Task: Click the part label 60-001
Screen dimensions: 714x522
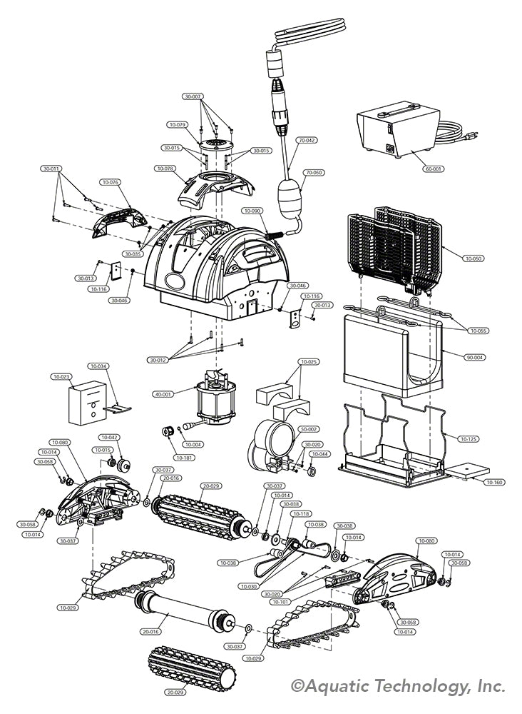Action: point(434,169)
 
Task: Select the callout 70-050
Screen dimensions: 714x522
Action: point(314,173)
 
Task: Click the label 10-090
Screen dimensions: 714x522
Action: point(252,211)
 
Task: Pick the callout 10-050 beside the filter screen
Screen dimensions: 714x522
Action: point(473,258)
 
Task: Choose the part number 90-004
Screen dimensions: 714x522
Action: point(473,357)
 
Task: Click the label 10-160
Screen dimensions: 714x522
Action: point(495,483)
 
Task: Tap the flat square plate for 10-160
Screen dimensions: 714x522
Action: point(467,469)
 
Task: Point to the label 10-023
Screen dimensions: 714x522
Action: point(61,376)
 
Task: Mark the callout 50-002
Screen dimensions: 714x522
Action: point(309,429)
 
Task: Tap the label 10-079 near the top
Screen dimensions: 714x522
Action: point(178,124)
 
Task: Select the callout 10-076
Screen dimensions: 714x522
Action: point(109,182)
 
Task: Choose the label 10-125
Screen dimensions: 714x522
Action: point(469,438)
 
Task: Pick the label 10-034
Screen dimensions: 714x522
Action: point(98,366)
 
